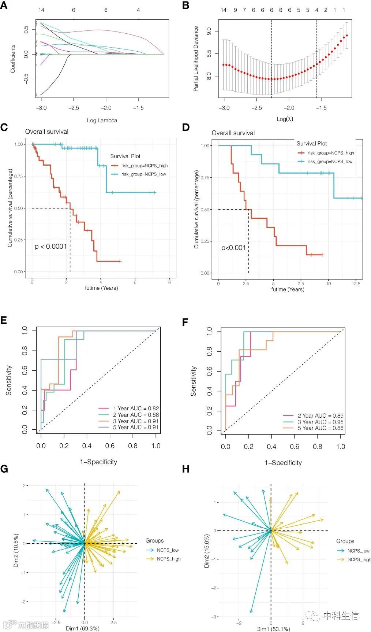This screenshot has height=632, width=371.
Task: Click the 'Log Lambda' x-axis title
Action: point(102,120)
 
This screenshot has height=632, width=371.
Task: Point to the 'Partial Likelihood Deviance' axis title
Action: point(196,59)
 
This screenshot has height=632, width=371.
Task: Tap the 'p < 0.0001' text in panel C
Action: point(50,247)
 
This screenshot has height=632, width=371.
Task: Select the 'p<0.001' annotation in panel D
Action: point(233,248)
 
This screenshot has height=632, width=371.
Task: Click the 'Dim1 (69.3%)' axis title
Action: point(82,628)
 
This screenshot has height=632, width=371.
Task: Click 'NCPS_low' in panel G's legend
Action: point(168,550)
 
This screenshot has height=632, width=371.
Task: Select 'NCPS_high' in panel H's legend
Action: point(359,559)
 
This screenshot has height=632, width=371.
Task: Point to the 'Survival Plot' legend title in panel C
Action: point(125,156)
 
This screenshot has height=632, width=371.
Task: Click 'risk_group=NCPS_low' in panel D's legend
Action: point(330,162)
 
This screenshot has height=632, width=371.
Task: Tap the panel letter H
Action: point(186,469)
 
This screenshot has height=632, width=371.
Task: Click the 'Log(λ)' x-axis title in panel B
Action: point(285,119)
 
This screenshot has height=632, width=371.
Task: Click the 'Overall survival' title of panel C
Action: point(47,132)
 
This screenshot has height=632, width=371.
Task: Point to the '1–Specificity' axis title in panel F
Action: point(283,463)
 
